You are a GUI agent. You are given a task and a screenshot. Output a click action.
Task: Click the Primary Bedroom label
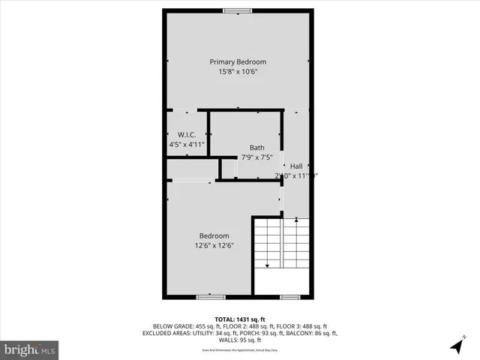click(x=238, y=61)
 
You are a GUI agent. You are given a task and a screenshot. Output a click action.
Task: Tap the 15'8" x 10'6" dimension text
click(x=238, y=72)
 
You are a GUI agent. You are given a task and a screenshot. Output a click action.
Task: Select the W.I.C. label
click(x=181, y=134)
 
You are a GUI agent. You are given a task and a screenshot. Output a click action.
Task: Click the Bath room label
click(x=256, y=148)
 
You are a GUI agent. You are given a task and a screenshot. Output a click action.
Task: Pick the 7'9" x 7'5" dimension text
click(x=256, y=157)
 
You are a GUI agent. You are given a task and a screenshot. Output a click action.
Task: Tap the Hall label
click(x=296, y=166)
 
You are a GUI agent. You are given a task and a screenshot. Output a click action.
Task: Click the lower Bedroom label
click(x=214, y=235)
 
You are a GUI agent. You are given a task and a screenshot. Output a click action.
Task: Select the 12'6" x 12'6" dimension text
click(x=214, y=245)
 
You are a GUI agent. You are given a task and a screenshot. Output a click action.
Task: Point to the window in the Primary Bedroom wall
click(x=237, y=10)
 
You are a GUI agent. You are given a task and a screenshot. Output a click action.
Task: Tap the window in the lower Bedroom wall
click(x=211, y=297)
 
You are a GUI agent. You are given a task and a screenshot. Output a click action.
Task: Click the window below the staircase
click(x=290, y=297)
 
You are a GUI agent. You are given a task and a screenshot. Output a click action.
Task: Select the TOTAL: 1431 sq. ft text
click(x=240, y=319)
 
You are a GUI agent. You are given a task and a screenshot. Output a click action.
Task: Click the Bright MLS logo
click(x=30, y=349)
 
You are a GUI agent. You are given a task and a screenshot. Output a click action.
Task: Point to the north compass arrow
click(x=456, y=346)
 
